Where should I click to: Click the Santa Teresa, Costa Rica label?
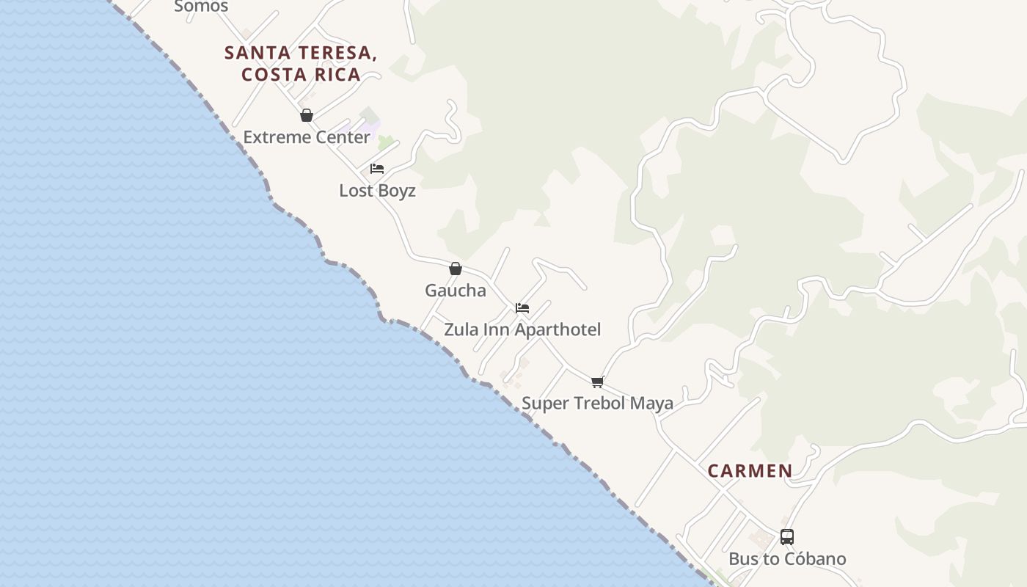301,63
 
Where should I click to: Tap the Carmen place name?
750,471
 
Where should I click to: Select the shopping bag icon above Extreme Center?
307,115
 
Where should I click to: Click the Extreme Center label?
307,137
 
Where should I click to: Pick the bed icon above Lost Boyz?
377,169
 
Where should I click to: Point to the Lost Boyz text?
377,191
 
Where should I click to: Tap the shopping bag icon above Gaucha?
456,269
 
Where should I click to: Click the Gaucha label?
456,291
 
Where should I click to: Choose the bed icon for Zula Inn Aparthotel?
522,308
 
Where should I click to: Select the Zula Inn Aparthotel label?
522,330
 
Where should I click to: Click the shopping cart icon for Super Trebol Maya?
597,382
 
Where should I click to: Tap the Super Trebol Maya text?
597,404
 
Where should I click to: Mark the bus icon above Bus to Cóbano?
787,537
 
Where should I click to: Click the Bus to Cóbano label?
787,559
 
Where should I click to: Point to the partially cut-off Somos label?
201,7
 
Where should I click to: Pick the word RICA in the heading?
336,74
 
